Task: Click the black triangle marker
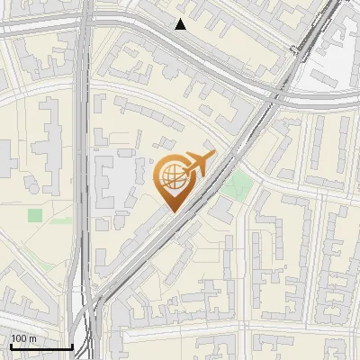(181, 24)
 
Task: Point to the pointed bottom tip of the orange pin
(171, 211)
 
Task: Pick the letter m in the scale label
(32, 338)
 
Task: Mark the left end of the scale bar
(10, 346)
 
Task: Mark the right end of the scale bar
(72, 346)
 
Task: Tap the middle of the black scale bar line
(40, 346)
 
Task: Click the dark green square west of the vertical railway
(35, 215)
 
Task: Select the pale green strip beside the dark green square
(59, 220)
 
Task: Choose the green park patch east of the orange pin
(238, 186)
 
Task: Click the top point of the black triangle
(181, 19)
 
